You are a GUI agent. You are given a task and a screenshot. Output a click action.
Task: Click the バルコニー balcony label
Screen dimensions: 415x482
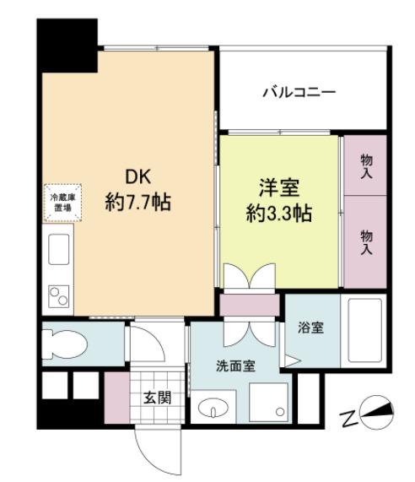click(x=299, y=92)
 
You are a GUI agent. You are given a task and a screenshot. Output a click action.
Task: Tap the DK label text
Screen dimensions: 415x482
click(x=137, y=177)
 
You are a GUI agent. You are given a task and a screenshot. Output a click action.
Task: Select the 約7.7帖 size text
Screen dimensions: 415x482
click(x=138, y=202)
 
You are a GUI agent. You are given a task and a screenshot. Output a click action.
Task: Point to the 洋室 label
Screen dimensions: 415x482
click(x=279, y=187)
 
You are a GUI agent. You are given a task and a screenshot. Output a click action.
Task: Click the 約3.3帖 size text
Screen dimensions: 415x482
click(x=279, y=213)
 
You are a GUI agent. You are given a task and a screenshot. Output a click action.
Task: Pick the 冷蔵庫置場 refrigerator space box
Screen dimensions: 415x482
click(x=62, y=203)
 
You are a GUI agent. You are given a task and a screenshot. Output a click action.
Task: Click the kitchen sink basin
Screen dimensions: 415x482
click(x=59, y=249)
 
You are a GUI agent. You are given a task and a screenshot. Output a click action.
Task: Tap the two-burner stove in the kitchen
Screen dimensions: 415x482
click(x=59, y=296)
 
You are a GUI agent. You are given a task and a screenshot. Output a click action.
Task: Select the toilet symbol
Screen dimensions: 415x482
click(x=65, y=344)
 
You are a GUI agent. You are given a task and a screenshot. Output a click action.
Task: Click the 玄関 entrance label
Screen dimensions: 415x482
click(x=157, y=398)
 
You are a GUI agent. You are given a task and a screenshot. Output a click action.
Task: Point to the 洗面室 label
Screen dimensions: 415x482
click(x=235, y=366)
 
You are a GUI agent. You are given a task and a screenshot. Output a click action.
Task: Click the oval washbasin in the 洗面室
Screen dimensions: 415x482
click(x=213, y=409)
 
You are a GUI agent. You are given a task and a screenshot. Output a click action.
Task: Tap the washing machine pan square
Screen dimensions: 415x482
click(x=269, y=402)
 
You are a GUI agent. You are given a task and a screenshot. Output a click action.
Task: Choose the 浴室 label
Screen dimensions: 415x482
click(x=310, y=328)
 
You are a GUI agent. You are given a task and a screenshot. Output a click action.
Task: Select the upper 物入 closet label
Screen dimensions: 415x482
click(x=366, y=166)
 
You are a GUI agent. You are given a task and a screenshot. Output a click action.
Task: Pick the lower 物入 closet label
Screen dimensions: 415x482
click(x=366, y=242)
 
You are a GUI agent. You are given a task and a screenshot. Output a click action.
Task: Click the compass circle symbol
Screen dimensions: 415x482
click(x=378, y=412)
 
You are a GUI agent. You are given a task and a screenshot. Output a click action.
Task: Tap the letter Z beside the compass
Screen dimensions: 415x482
click(x=349, y=418)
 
